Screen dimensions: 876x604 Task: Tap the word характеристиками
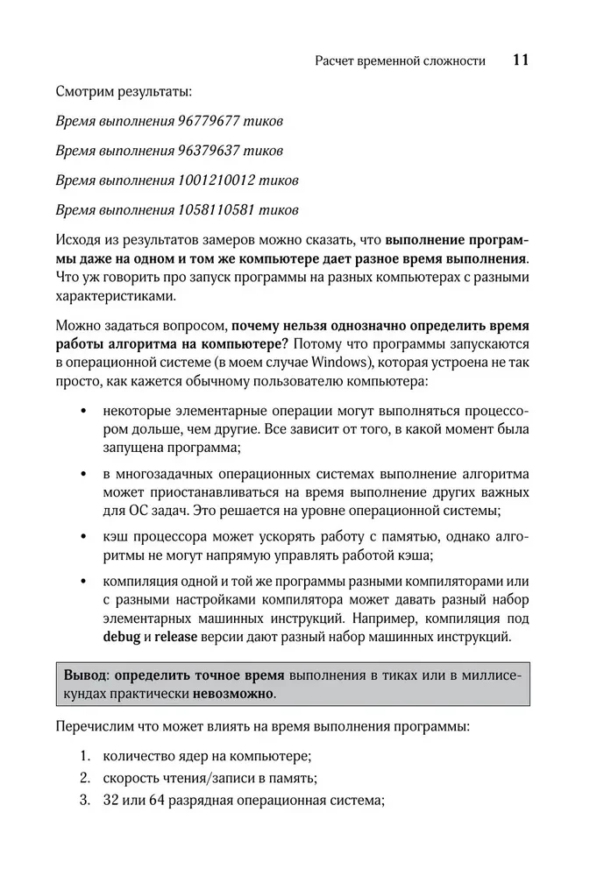click(x=114, y=297)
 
